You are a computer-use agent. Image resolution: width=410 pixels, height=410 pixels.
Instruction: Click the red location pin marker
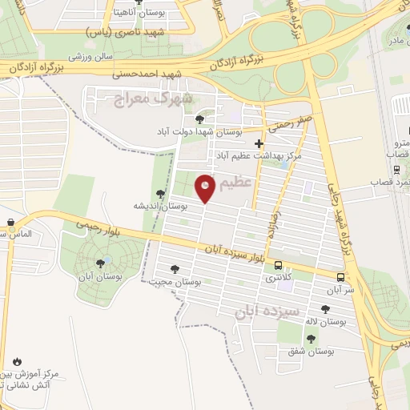pyautogui.click(x=205, y=187)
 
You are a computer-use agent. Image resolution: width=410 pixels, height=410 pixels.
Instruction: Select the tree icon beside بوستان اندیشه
pyautogui.click(x=161, y=193)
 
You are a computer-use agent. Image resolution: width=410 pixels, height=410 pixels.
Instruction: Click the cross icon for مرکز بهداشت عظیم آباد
pyautogui.click(x=258, y=143)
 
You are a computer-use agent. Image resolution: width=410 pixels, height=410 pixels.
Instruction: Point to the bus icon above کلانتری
pyautogui.click(x=278, y=265)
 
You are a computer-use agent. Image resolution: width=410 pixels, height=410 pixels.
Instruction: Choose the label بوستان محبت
pyautogui.click(x=174, y=283)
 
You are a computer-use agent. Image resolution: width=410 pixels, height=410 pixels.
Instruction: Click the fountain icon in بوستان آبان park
pyautogui.click(x=103, y=262)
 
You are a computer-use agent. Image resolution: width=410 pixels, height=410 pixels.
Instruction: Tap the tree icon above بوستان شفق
pyautogui.click(x=311, y=338)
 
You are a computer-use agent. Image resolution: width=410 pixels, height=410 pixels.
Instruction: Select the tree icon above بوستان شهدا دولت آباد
pyautogui.click(x=200, y=119)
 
